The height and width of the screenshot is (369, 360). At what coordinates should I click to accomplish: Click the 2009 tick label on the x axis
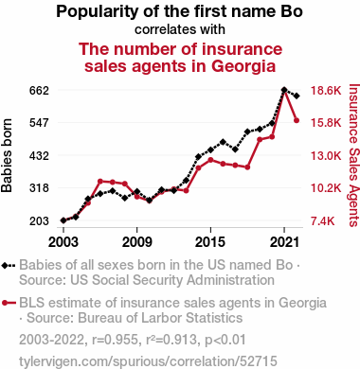pos(136,242)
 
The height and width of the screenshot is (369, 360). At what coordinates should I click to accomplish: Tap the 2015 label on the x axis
pos(210,242)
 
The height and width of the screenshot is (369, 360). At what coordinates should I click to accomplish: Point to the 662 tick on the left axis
pos(39,91)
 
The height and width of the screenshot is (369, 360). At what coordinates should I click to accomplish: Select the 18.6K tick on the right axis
pos(326,91)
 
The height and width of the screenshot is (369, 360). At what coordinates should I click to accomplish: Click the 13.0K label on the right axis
pos(326,156)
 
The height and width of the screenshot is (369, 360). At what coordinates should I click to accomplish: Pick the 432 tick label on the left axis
pos(39,155)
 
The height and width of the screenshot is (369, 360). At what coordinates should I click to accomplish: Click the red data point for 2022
pos(297,120)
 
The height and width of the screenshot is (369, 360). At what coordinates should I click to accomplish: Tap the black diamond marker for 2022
pos(297,96)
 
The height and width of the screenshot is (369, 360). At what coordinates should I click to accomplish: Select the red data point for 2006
pos(100,181)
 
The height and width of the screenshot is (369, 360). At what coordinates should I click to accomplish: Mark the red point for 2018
pos(247,167)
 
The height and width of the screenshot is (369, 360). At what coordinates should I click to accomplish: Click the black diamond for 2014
pos(198,157)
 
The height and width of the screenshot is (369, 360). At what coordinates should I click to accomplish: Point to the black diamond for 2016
pos(223,142)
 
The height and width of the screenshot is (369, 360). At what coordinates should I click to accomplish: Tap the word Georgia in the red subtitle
pos(243,66)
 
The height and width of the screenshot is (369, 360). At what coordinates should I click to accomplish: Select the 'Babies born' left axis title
pos(7,155)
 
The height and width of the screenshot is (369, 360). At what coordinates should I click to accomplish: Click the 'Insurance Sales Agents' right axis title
pos(354,155)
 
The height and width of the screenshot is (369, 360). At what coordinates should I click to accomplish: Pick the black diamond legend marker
pos(9,265)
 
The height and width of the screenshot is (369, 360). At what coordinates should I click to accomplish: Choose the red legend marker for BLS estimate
pos(9,303)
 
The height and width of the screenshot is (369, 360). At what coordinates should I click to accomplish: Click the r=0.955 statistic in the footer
pos(115,340)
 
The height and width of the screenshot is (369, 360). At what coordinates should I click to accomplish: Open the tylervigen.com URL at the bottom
pos(148,361)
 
